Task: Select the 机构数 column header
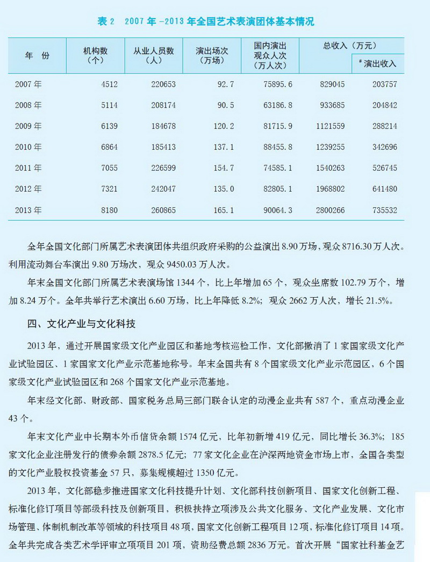(95, 55)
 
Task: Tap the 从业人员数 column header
(154, 55)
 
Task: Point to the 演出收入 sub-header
(378, 64)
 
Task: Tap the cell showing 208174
(161, 105)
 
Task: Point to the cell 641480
(384, 189)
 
